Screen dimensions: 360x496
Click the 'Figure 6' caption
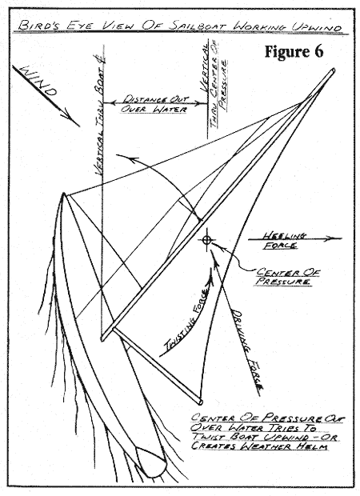coord(294,51)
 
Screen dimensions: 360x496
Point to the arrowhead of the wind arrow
coord(74,120)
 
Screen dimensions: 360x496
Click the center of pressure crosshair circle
coord(206,240)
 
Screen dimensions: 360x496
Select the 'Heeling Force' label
coord(284,241)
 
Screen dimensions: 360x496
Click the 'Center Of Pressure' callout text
coord(287,277)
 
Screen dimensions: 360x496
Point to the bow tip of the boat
coord(63,193)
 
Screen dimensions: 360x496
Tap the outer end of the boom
coord(200,402)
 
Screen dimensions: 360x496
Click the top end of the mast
coord(333,70)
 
